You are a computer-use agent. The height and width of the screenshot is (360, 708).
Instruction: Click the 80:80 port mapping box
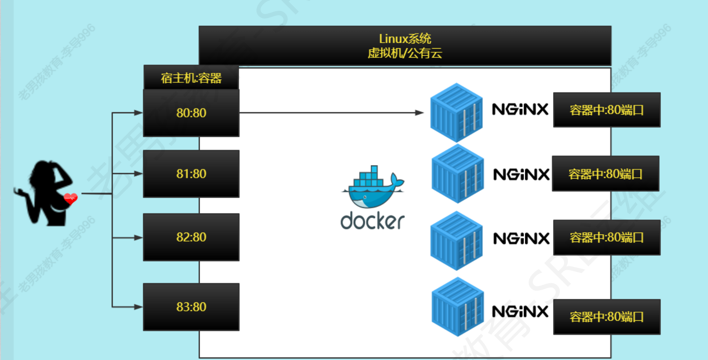pos(191,113)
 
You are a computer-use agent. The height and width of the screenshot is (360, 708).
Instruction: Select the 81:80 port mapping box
pos(191,174)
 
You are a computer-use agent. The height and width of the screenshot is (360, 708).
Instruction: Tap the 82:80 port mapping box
pos(191,237)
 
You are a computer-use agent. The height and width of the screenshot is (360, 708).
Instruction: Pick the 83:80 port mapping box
pos(191,307)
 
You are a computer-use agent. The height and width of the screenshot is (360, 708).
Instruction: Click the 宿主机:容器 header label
pos(191,78)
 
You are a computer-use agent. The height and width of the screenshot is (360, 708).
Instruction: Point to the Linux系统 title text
pos(405,39)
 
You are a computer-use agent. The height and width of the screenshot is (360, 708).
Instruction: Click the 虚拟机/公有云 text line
pos(405,53)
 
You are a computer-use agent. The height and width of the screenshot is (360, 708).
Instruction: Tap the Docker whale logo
pos(373,187)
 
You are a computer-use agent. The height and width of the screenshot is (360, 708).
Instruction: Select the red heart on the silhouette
pos(71,198)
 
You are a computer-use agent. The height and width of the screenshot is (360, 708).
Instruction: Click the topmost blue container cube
pos(457,112)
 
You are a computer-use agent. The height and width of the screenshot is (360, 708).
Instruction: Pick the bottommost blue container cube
pos(457,307)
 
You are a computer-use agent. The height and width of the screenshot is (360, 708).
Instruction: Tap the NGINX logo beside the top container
pos(520,109)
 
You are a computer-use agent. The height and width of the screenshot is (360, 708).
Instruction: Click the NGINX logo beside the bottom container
pos(520,312)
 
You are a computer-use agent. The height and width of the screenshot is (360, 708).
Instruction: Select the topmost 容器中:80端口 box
pos(606,110)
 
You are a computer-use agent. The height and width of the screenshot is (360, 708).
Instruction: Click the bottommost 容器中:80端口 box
pos(606,317)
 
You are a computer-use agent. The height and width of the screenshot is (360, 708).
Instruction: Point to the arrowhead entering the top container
pos(420,113)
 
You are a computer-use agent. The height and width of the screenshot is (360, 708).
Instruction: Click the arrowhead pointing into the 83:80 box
pos(138,307)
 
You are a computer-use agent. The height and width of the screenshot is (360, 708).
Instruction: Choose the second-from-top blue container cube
pos(457,174)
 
